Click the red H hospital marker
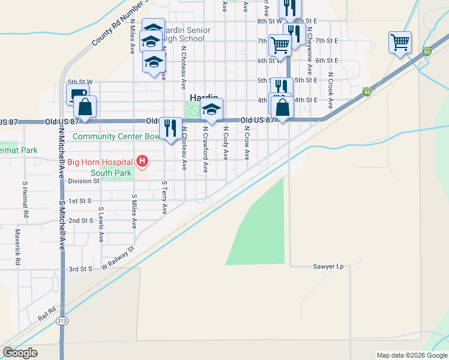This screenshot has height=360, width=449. tap(142, 161)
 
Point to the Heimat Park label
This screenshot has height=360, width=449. tap(17, 149)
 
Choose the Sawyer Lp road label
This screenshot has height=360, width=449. tap(328, 266)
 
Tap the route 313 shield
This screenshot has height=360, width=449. tap(62, 322)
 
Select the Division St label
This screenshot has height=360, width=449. tap(83, 181)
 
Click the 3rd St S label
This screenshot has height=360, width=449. tap(80, 269)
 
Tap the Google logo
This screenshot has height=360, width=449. tap(20, 353)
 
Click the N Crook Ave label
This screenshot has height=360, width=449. tap(330, 92)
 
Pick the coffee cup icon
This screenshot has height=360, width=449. tap(77, 94)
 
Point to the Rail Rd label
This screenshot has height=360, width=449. tap(46, 312)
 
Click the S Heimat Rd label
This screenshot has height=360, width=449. tap(25, 200)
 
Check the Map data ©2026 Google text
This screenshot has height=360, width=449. tap(411, 355)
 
